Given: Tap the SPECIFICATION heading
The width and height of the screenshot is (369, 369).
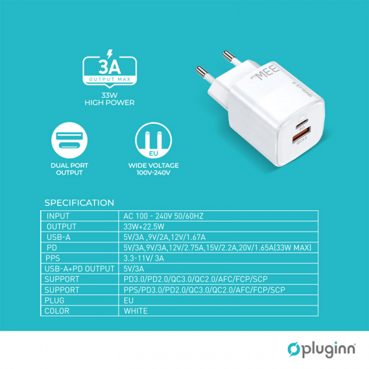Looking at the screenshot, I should pyautogui.click(x=79, y=202).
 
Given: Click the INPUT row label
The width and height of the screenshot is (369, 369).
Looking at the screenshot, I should pyautogui.click(x=58, y=216).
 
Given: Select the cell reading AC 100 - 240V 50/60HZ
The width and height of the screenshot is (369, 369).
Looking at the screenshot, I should pyautogui.click(x=164, y=216).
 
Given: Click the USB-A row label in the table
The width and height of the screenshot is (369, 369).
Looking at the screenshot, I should pyautogui.click(x=59, y=237).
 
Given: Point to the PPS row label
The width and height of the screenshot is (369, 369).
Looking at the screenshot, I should pyautogui.click(x=54, y=258).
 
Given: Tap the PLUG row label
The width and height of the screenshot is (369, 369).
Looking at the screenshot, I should pyautogui.click(x=55, y=301).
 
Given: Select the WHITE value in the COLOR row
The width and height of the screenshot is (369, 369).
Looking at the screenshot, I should pyautogui.click(x=136, y=311).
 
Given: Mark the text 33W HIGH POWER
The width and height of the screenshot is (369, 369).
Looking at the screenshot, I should pyautogui.click(x=109, y=98).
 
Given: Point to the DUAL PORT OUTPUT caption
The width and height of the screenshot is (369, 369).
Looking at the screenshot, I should pyautogui.click(x=68, y=169).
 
